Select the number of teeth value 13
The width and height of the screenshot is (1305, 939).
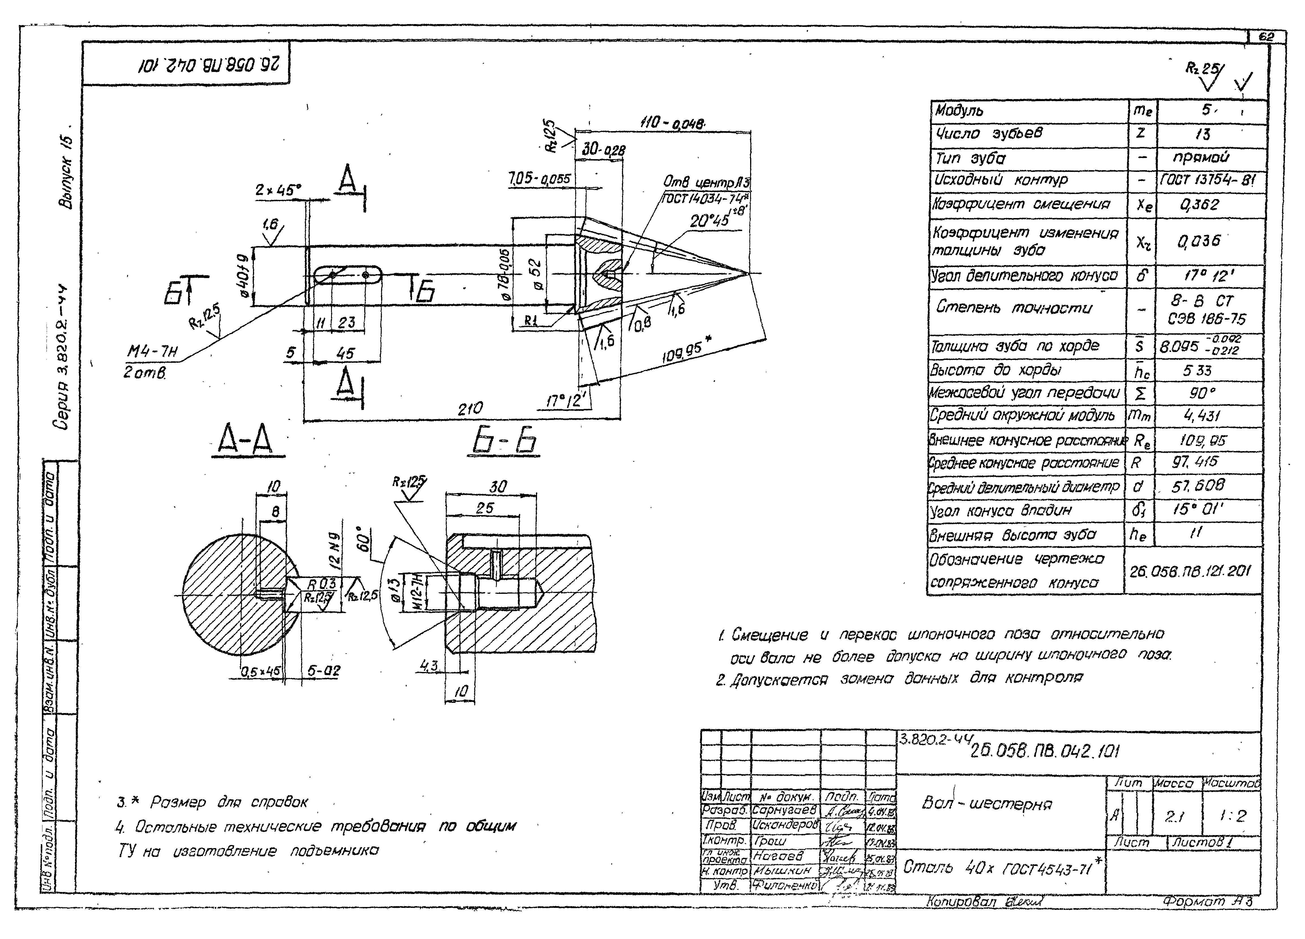(1203, 134)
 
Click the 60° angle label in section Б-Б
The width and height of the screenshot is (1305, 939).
(364, 538)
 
